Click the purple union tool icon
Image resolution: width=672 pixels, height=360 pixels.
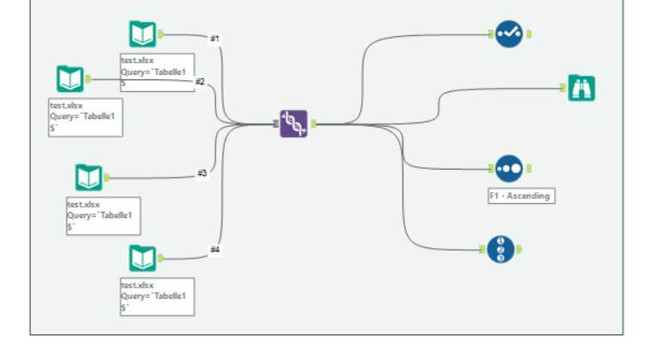[x=294, y=124]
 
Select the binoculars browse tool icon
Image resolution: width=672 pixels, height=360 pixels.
[x=582, y=88]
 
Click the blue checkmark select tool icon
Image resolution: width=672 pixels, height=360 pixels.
[x=509, y=34]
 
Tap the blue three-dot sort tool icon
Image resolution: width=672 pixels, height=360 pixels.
[x=509, y=169]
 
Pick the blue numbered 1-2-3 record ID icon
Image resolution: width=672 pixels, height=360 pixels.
[x=501, y=250]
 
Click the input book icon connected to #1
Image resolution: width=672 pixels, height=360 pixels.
[x=143, y=34]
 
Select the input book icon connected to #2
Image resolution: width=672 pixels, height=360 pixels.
[x=71, y=79]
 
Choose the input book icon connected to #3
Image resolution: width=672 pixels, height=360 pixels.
[x=89, y=177]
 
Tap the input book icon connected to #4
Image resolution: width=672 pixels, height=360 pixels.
[x=143, y=258]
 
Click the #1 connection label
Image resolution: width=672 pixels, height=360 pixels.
[x=215, y=38]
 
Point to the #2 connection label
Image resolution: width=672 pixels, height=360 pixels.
[x=200, y=82]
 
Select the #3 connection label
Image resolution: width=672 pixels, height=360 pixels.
[x=202, y=173]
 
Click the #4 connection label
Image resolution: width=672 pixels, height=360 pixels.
[x=215, y=250]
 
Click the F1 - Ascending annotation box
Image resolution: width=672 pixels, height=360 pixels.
[x=521, y=196]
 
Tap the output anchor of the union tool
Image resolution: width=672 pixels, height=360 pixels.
[x=314, y=124]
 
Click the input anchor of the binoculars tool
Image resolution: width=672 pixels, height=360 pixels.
[x=563, y=88]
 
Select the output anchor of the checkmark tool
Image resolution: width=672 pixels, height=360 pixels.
[x=529, y=34]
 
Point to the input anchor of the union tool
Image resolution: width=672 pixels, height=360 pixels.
[x=276, y=124]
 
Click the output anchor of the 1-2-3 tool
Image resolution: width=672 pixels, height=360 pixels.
[x=520, y=250]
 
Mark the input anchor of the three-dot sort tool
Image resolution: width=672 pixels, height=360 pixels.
[x=491, y=169]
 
